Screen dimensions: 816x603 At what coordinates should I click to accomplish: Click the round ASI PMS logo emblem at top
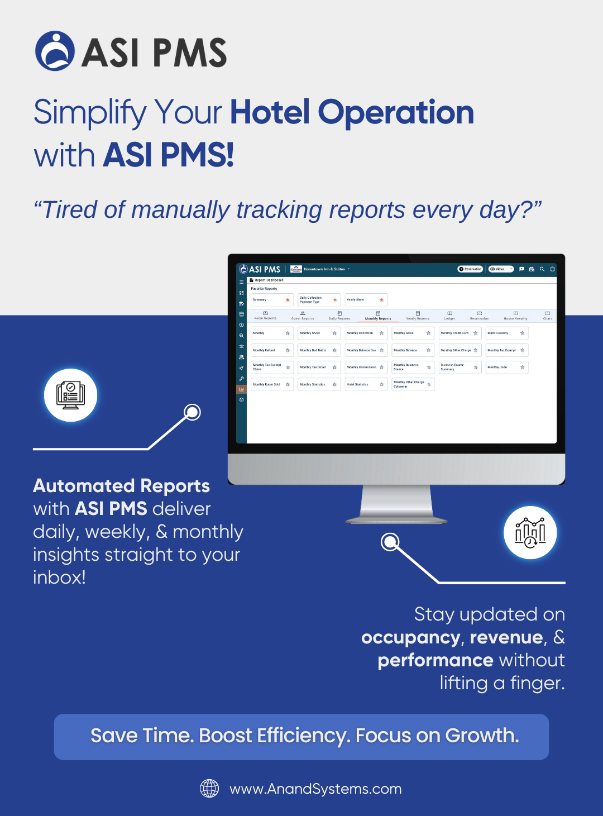tap(55, 51)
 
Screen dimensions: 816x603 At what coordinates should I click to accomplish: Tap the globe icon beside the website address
tap(209, 789)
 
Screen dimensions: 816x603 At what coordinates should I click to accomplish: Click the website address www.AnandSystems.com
tap(315, 789)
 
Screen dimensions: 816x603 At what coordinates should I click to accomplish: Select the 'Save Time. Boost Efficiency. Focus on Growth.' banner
tap(301, 737)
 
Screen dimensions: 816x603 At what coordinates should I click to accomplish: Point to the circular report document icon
tap(71, 395)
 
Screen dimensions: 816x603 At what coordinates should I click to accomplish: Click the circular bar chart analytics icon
tap(530, 533)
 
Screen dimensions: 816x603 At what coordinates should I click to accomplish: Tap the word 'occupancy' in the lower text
tap(411, 637)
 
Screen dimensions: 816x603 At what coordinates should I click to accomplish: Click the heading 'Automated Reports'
tap(121, 486)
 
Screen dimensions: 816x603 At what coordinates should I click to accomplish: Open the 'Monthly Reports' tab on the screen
tap(378, 316)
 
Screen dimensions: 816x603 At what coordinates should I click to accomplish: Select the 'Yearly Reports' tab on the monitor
tap(418, 316)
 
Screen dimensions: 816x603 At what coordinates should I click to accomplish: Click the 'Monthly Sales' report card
tap(412, 333)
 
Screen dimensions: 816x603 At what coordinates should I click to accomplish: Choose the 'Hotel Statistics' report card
tap(365, 384)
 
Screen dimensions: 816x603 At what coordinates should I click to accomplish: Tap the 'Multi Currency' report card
tap(506, 333)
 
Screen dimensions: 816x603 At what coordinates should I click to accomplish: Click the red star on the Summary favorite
tap(288, 300)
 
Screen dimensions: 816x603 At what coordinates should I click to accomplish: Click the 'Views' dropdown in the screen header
tap(500, 269)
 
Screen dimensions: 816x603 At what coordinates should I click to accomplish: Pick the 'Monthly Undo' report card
tap(506, 367)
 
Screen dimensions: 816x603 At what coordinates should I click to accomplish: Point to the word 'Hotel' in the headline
tap(270, 112)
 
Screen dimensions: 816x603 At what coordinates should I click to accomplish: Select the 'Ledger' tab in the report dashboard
tap(449, 316)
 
